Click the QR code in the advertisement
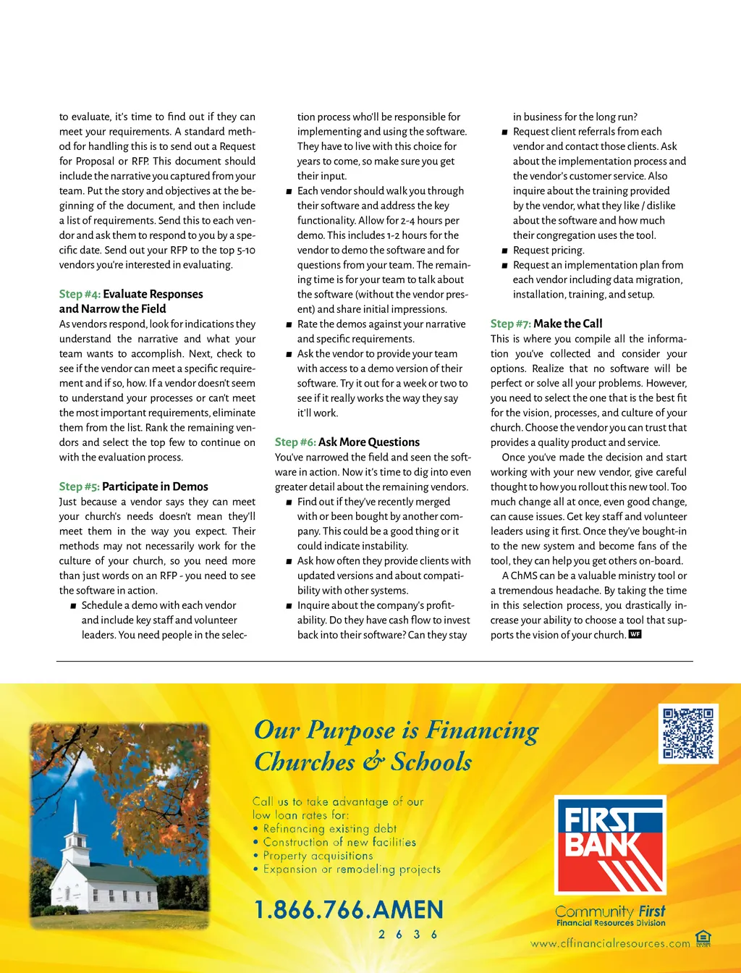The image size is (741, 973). click(688, 733)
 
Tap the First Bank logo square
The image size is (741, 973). click(609, 845)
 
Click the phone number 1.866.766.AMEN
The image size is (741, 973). click(348, 910)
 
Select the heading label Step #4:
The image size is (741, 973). click(80, 294)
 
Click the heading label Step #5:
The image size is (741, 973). click(79, 486)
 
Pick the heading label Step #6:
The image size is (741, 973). click(295, 442)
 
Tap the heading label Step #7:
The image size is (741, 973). click(511, 324)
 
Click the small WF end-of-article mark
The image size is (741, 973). click(635, 634)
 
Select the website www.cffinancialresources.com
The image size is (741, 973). click(610, 943)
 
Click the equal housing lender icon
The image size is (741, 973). click(703, 939)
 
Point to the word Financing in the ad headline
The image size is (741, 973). click(482, 730)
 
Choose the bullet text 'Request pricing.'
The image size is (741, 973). click(549, 250)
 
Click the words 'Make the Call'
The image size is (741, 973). click(567, 324)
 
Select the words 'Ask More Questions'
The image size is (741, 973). click(369, 442)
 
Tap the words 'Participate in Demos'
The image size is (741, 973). click(155, 486)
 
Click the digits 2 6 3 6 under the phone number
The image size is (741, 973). click(408, 935)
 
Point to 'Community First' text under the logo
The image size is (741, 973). click(610, 911)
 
